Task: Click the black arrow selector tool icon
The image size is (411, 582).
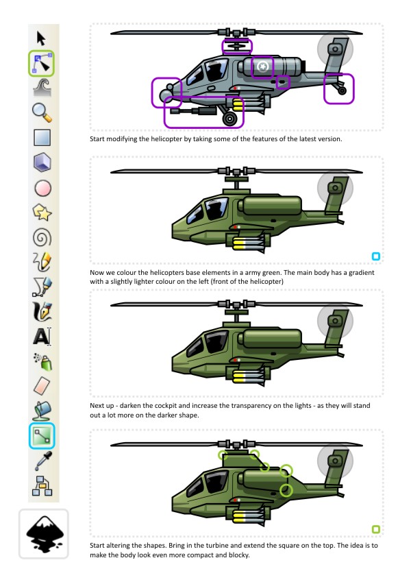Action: click(x=41, y=38)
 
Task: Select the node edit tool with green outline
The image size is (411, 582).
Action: click(x=42, y=64)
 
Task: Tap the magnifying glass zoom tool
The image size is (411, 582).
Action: click(x=42, y=112)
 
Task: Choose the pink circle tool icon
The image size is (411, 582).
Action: click(x=42, y=188)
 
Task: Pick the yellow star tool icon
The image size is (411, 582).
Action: click(x=42, y=213)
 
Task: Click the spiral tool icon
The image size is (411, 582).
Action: click(x=42, y=237)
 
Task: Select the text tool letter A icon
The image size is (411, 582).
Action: click(x=42, y=337)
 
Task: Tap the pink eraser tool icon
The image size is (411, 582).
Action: click(x=42, y=386)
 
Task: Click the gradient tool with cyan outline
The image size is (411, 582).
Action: click(x=42, y=435)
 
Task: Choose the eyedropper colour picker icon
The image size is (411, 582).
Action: click(x=43, y=460)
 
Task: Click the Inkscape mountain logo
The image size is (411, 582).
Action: click(x=44, y=534)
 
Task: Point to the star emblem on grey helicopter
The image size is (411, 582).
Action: click(x=262, y=66)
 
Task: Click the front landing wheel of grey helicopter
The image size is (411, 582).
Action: click(x=230, y=119)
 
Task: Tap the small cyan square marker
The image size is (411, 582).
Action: click(x=376, y=256)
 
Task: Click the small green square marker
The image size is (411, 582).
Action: click(x=376, y=529)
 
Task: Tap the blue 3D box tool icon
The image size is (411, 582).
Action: click(x=42, y=162)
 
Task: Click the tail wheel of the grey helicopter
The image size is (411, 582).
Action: click(x=342, y=90)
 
